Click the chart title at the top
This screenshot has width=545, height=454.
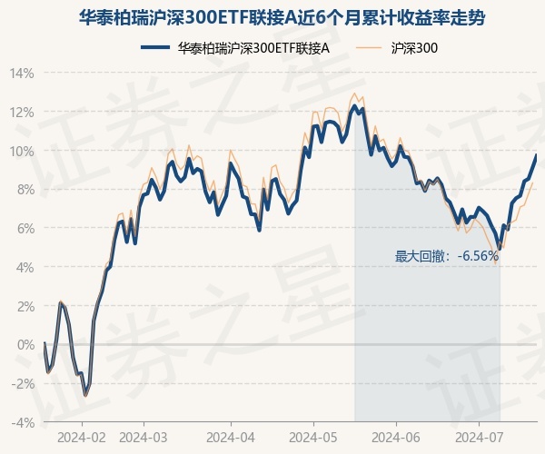pyautogui.click(x=272, y=17)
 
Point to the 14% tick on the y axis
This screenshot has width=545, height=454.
pyautogui.click(x=22, y=74)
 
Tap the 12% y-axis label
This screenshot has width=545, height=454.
pyautogui.click(x=22, y=113)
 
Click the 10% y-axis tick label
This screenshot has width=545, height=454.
pyautogui.click(x=22, y=151)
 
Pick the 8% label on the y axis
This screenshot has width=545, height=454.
pyautogui.click(x=25, y=190)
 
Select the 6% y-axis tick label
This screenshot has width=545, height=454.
pyautogui.click(x=25, y=229)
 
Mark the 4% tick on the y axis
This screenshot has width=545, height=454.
pyautogui.click(x=25, y=267)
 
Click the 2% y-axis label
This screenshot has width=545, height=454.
pyautogui.click(x=25, y=306)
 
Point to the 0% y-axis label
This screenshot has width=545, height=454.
pyautogui.click(x=25, y=345)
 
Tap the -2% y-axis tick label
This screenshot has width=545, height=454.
pyautogui.click(x=23, y=383)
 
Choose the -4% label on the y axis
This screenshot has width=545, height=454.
pyautogui.click(x=23, y=422)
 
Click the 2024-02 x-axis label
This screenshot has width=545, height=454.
pyautogui.click(x=82, y=437)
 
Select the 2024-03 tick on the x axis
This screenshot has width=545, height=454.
pyautogui.click(x=144, y=437)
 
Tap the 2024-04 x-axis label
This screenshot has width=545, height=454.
pyautogui.click(x=230, y=437)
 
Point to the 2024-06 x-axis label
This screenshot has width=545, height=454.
pyautogui.click(x=397, y=437)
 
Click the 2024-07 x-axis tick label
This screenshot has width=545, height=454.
pyautogui.click(x=480, y=437)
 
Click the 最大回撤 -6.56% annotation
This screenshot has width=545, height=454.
pyautogui.click(x=447, y=257)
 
